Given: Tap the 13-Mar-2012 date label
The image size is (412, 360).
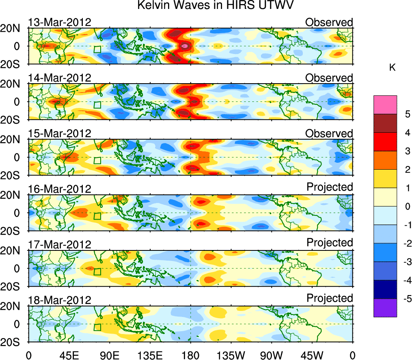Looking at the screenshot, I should tap(60, 22).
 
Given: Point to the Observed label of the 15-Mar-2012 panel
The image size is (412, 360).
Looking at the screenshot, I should tap(329, 134).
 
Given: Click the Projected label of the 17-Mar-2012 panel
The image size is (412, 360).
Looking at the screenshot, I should tap(330, 243).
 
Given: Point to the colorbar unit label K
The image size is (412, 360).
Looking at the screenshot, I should tap(393, 68).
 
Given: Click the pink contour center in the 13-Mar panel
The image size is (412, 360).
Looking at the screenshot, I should tap(185, 46).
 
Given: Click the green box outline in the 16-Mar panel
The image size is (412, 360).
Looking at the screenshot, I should tap(97, 216).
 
